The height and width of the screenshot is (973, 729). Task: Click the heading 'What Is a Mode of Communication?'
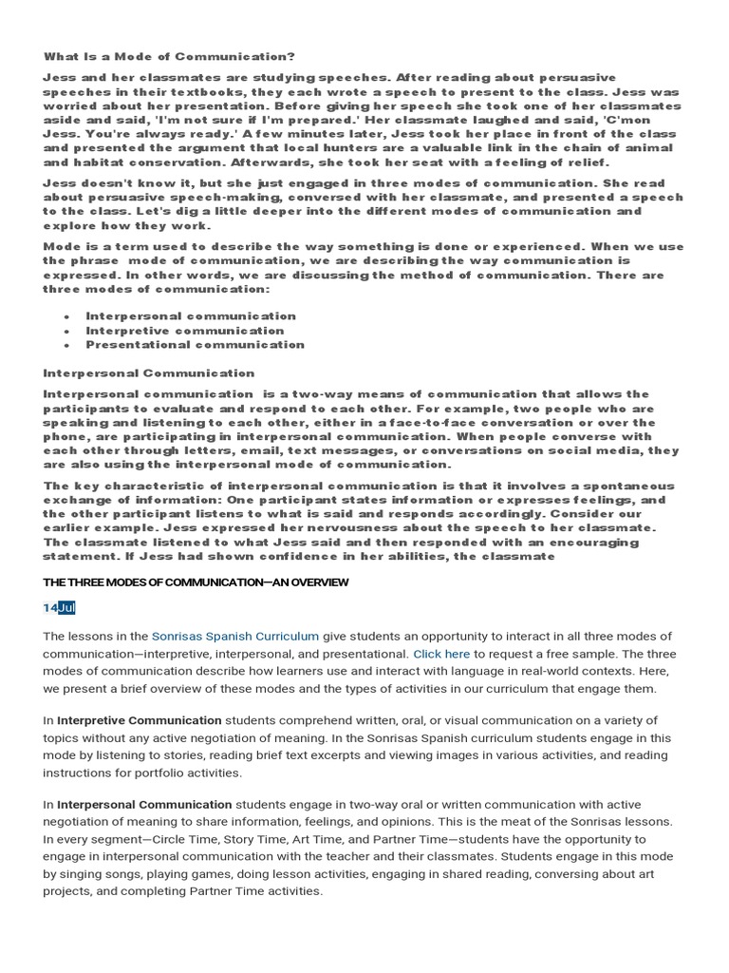click(169, 57)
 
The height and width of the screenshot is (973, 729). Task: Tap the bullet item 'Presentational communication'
click(195, 345)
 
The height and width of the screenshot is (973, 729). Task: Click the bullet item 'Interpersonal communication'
click(191, 316)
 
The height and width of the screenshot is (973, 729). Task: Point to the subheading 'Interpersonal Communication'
click(149, 373)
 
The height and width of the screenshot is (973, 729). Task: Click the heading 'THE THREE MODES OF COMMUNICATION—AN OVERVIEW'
click(196, 582)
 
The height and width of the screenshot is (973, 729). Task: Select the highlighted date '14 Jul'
click(59, 607)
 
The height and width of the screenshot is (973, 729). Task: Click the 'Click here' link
click(440, 654)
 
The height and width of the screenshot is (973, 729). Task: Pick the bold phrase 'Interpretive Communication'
click(140, 720)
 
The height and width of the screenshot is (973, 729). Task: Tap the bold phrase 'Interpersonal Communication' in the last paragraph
click(144, 804)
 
